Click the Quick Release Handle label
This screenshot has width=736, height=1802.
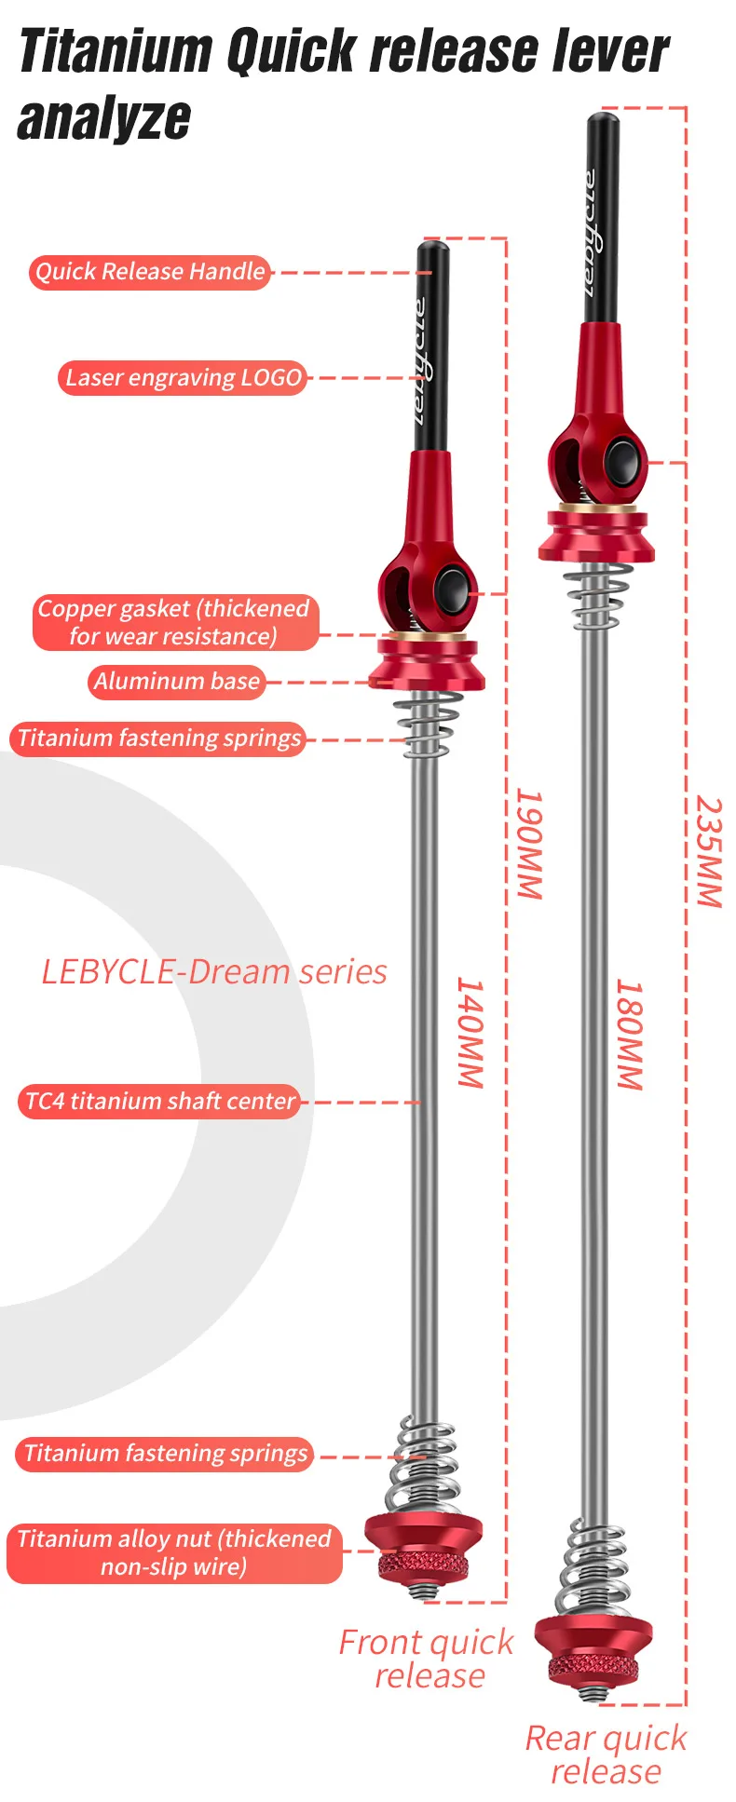[150, 272]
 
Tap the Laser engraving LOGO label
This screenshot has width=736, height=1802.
[184, 378]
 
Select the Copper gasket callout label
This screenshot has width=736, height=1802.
[174, 622]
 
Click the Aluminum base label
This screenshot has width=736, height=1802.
[177, 682]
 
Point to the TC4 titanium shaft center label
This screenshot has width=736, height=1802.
[159, 1102]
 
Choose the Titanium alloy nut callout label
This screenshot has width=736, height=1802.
[174, 1552]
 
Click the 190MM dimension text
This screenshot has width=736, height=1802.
[529, 844]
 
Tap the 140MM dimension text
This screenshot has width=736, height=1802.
[470, 1033]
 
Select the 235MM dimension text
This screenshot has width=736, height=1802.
[708, 851]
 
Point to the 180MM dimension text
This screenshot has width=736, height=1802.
[630, 1035]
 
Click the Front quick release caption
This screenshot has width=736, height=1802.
[427, 1659]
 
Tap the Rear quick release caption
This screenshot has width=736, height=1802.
[606, 1755]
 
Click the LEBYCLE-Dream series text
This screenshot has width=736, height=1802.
[214, 972]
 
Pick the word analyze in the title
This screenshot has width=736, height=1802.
[104, 119]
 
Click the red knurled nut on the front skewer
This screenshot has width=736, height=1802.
[425, 1566]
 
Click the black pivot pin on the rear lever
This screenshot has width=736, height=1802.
[621, 462]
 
